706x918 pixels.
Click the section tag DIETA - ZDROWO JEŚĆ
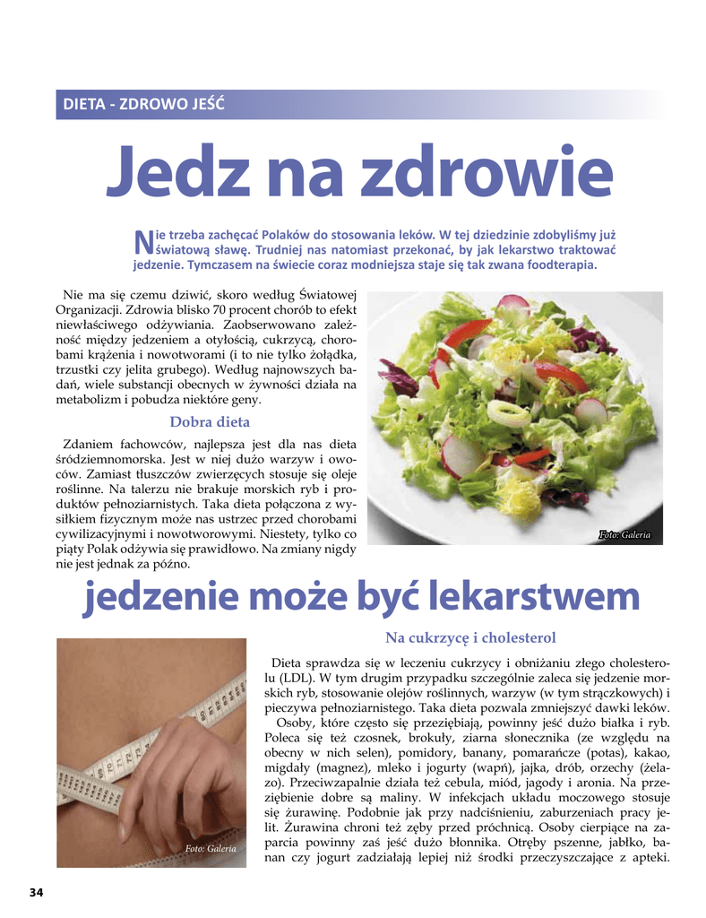pos(143,104)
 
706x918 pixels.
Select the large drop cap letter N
pos(142,240)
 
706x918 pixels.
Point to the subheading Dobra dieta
pos(210,421)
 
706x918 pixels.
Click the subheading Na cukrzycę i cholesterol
pos(470,637)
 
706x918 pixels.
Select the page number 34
pos(36,892)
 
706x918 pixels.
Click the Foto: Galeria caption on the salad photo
pos(624,535)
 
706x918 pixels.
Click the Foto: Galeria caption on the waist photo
pos(211,848)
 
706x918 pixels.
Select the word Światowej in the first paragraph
pos(327,295)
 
